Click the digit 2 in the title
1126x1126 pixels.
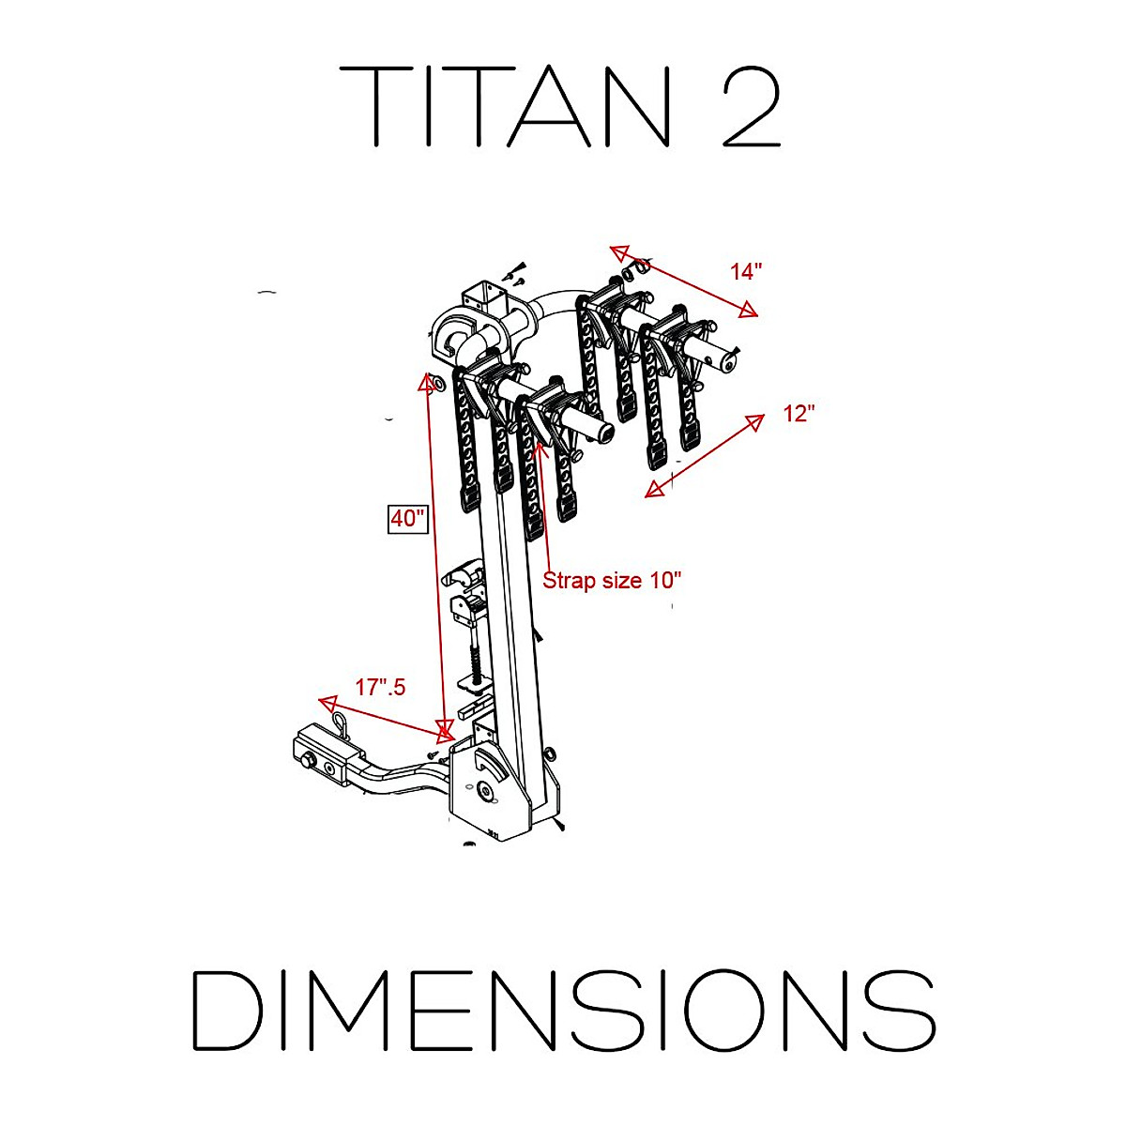pyautogui.click(x=751, y=106)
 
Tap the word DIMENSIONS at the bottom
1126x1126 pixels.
pyautogui.click(x=563, y=1011)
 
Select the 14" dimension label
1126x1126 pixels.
pyautogui.click(x=746, y=272)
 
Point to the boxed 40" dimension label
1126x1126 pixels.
pyautogui.click(x=408, y=518)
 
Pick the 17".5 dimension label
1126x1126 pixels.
pyautogui.click(x=380, y=688)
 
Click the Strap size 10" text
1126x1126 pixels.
pyautogui.click(x=612, y=581)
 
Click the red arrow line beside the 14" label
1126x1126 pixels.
pyautogui.click(x=684, y=281)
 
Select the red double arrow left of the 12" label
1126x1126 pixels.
pyautogui.click(x=705, y=455)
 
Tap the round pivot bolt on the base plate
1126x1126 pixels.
pyautogui.click(x=485, y=793)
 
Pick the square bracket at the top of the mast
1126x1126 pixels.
pyautogui.click(x=483, y=301)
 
